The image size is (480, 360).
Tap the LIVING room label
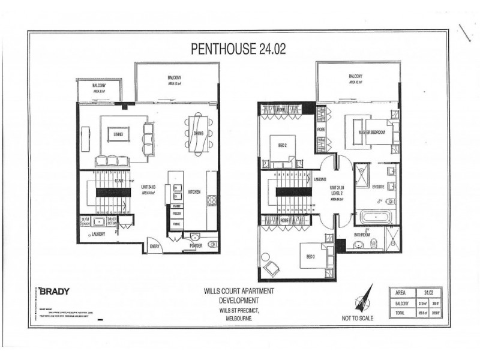pos(118,134)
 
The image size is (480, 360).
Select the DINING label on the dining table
pos(198,133)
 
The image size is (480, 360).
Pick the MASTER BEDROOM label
pos(371,131)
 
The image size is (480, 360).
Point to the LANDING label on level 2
pos(319,179)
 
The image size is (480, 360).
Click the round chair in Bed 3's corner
pos(268,265)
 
